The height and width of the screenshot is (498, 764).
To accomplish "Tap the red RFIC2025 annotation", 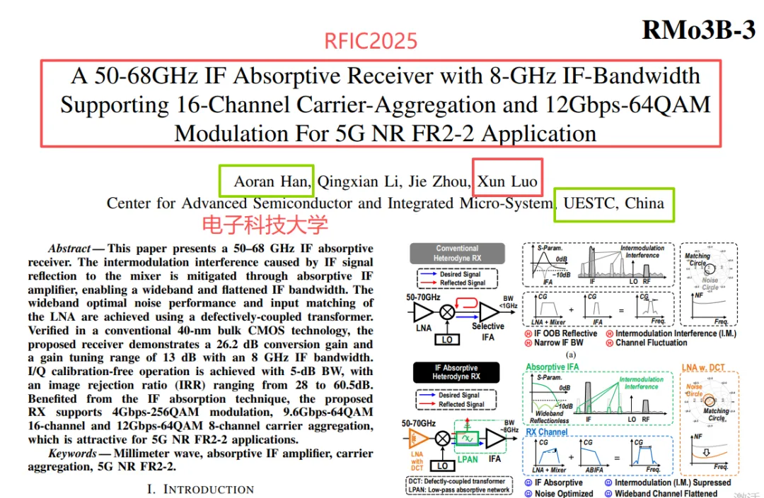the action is click(x=371, y=41).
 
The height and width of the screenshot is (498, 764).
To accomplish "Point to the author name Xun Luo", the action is click(x=507, y=182).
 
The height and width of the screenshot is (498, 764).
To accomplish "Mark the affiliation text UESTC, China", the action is click(x=613, y=203).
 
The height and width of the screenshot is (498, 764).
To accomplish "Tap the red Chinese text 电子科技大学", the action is click(x=265, y=225).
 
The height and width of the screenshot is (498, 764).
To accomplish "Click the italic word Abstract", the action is click(x=69, y=249).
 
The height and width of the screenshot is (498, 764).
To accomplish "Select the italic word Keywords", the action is click(x=71, y=453).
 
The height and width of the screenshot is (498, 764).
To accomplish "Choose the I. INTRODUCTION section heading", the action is click(x=200, y=489).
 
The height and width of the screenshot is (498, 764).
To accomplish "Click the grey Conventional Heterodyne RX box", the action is click(x=457, y=253).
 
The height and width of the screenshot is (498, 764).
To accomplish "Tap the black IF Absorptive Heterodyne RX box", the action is click(x=456, y=372).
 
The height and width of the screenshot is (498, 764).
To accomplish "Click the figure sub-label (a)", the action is click(x=572, y=355).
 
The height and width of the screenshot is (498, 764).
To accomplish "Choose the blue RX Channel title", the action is click(x=547, y=432).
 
